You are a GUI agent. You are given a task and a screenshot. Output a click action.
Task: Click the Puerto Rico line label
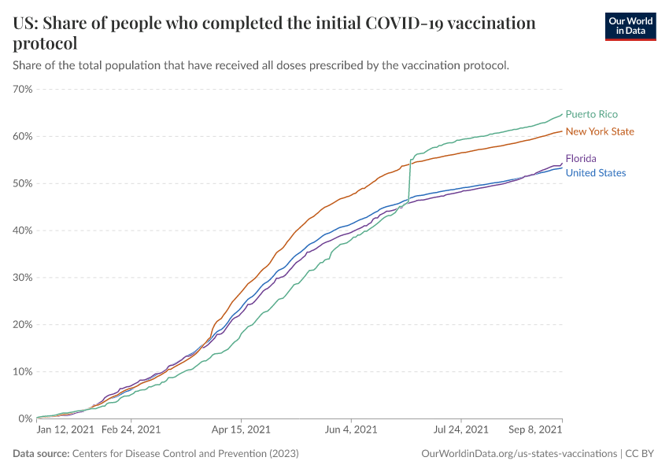pyautogui.click(x=591, y=114)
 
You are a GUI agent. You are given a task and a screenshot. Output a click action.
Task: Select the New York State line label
pyautogui.click(x=600, y=131)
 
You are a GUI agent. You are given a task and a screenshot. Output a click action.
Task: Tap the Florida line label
pyautogui.click(x=581, y=158)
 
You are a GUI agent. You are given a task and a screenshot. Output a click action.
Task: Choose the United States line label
pyautogui.click(x=596, y=173)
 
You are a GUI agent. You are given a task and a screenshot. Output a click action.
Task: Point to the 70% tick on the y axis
pyautogui.click(x=23, y=89)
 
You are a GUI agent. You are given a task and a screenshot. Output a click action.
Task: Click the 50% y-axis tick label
pyautogui.click(x=23, y=183)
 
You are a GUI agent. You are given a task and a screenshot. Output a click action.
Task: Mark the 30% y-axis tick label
pyautogui.click(x=23, y=278)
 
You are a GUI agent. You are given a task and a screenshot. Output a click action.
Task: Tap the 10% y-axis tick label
pyautogui.click(x=23, y=371)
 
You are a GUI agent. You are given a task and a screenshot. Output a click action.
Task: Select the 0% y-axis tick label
pyautogui.click(x=25, y=419)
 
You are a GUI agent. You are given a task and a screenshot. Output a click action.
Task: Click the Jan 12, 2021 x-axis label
pyautogui.click(x=66, y=430)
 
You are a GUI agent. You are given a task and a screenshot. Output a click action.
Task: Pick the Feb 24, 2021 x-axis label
pyautogui.click(x=131, y=430)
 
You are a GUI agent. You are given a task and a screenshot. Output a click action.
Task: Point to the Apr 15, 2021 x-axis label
pyautogui.click(x=241, y=430)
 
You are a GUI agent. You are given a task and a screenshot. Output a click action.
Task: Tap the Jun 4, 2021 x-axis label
pyautogui.click(x=350, y=430)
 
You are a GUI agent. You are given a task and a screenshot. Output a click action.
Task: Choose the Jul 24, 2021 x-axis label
pyautogui.click(x=460, y=430)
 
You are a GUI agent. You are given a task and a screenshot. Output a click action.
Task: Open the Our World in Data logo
pyautogui.click(x=630, y=26)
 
